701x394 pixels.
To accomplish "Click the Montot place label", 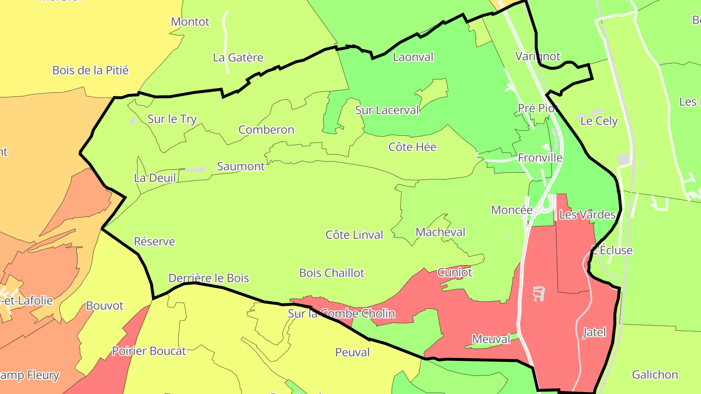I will [x=190, y=22].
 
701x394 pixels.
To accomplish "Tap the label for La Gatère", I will [x=238, y=57].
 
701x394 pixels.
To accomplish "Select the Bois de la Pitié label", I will [x=91, y=71].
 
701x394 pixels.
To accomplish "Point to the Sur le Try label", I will [x=172, y=119].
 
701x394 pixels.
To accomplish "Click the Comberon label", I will [x=266, y=130].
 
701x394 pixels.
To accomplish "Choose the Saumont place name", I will [x=241, y=166].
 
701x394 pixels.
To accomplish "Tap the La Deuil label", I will [x=155, y=178].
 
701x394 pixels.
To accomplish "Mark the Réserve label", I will [x=154, y=242].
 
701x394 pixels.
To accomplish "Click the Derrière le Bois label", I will [x=208, y=278].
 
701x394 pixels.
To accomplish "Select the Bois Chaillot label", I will [x=332, y=273].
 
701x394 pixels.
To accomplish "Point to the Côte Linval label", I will [x=354, y=235].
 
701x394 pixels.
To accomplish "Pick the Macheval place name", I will [x=440, y=233].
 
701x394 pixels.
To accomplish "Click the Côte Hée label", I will [x=412, y=147].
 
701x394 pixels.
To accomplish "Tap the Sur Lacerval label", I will [x=387, y=110].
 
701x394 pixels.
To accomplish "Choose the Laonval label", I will [x=413, y=57].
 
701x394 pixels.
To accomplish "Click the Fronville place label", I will [x=540, y=158].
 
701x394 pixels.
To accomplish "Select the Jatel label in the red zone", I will [x=594, y=333].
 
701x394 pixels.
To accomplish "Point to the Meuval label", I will [x=491, y=340].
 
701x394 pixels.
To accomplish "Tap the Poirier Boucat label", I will [x=149, y=351].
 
